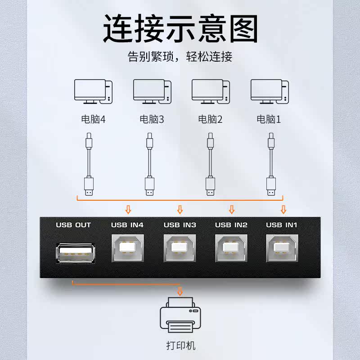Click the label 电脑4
93,120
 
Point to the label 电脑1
269,120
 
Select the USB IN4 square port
127,248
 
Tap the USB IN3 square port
179,248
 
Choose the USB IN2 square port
231,248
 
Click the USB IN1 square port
282,248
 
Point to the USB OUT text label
73,225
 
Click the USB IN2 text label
231,225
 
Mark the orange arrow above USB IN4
128,209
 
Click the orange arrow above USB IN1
283,209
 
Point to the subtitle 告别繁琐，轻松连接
180,57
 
